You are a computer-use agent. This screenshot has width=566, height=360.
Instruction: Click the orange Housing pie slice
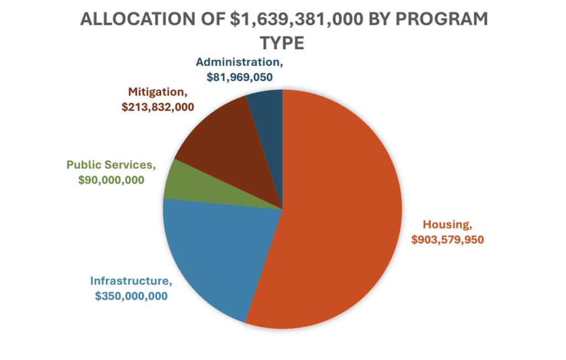point(337,210)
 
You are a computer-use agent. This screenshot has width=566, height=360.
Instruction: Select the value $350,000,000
point(132,296)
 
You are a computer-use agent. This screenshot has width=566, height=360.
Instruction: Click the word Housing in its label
point(447,225)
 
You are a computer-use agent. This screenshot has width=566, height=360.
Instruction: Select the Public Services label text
point(111,165)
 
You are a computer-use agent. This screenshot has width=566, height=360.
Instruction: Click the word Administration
point(239,62)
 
